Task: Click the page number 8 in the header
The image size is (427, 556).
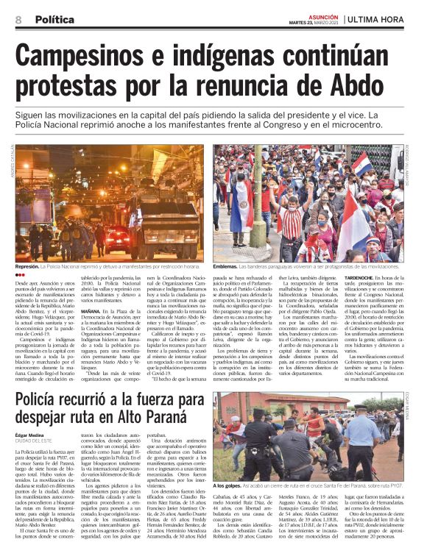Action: click(18, 19)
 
